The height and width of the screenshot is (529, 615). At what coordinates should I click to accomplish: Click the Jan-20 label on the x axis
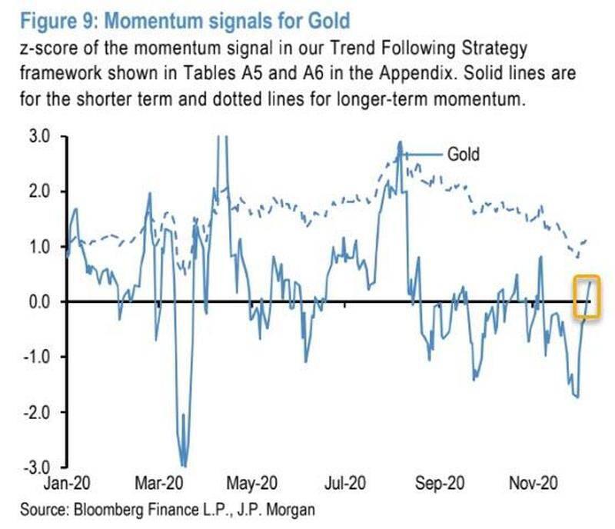pos(68,486)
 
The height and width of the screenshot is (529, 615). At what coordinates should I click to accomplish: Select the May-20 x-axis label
pos(252,486)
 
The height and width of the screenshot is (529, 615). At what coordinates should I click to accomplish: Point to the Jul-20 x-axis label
pos(344,486)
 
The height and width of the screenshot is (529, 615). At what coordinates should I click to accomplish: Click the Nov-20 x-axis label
pos(530,486)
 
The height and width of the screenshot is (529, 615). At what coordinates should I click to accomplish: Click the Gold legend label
pos(464,154)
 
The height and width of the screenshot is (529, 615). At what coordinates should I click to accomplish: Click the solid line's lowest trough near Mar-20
pos(183,464)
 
